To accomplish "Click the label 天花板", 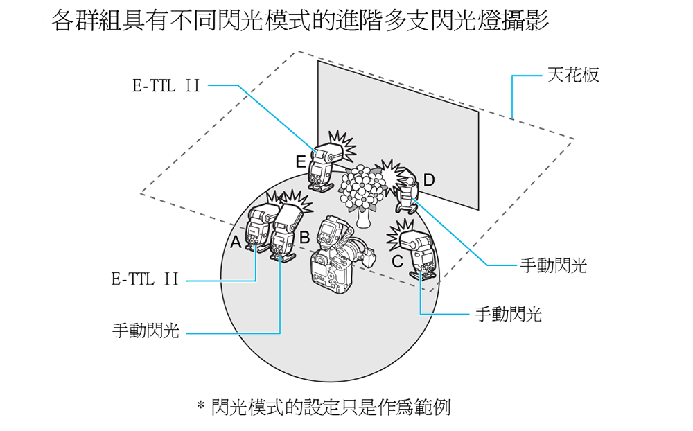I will point(572,75).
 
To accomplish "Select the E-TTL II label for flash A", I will point(145,280).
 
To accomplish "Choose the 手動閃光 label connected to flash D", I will point(553,265).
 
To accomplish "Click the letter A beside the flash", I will point(236,243).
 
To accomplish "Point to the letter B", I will point(304,237).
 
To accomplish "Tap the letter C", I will point(397,262).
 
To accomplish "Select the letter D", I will point(429,181).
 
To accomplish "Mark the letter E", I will point(300,162).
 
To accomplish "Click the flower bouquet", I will point(362,186).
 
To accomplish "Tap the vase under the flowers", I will point(362,217).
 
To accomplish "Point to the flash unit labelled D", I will point(407,189).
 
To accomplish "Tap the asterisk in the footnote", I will point(202,405).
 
